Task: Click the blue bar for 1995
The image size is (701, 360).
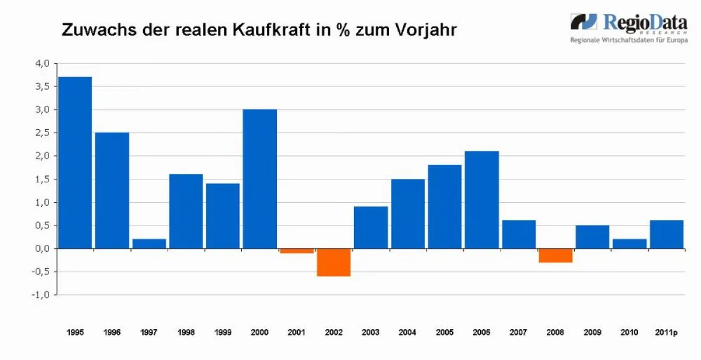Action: click(75, 162)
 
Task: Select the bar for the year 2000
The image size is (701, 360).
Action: click(259, 179)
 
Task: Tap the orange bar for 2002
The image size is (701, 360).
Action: click(334, 262)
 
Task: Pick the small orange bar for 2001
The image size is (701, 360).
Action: click(297, 251)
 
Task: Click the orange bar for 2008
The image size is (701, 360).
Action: click(556, 255)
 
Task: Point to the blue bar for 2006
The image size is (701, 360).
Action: click(481, 199)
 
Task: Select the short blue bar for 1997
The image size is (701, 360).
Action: click(149, 243)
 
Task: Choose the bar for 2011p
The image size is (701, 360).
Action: click(667, 234)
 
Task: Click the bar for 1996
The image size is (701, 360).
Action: click(112, 191)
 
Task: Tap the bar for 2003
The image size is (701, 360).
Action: click(371, 227)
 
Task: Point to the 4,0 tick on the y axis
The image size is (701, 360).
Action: click(41, 63)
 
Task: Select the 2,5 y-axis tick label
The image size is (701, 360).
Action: click(41, 133)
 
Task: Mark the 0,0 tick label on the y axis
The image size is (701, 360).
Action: click(41, 248)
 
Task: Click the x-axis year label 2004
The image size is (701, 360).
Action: click(407, 333)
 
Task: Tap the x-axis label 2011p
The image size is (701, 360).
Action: click(666, 333)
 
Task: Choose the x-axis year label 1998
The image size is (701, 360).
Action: click(186, 333)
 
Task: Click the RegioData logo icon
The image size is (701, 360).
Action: click(584, 22)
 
